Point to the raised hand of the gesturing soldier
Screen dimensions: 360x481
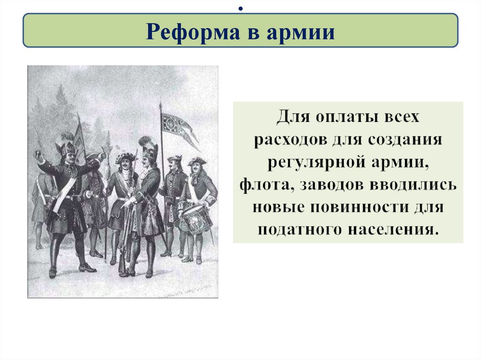point(39,155)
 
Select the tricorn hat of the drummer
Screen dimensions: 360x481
point(196,161)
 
